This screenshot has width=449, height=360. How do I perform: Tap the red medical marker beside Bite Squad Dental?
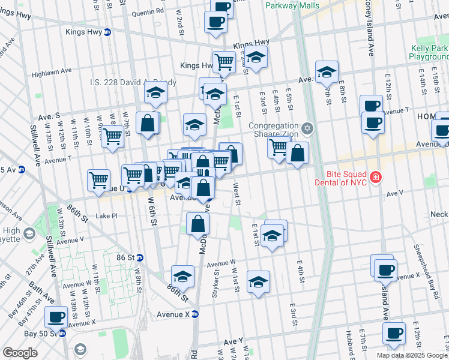(x=375, y=177)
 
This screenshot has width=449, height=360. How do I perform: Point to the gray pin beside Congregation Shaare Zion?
(x=307, y=128)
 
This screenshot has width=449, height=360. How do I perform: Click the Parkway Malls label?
(x=292, y=5)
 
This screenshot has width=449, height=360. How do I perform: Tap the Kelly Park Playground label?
(x=429, y=52)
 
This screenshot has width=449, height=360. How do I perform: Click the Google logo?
(x=20, y=352)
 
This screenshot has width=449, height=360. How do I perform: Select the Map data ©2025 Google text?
(x=411, y=355)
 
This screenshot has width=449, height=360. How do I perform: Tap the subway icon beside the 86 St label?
(x=140, y=257)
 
